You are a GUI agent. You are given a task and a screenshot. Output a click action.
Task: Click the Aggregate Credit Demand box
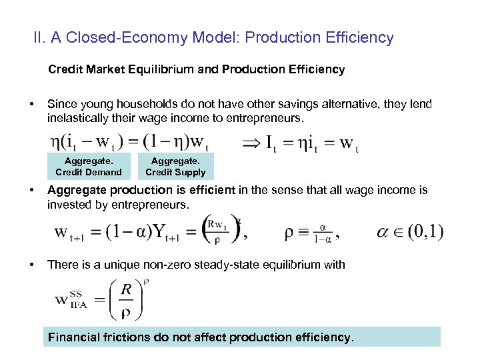(x=89, y=166)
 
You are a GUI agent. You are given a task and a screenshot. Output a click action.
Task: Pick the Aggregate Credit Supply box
(x=175, y=166)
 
